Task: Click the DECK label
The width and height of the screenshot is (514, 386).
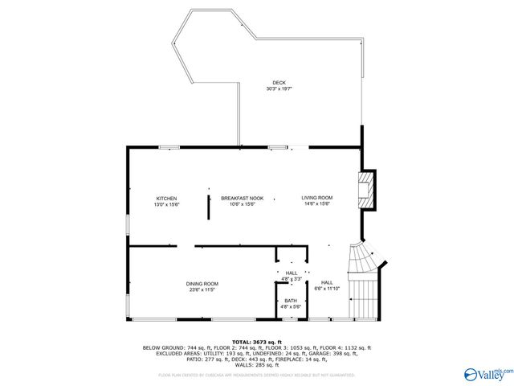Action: [x=279, y=83]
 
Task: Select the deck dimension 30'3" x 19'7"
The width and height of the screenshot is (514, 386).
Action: [x=279, y=88]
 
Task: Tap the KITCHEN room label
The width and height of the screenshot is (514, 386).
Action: [x=166, y=199]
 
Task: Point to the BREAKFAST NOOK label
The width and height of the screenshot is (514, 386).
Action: [x=243, y=199]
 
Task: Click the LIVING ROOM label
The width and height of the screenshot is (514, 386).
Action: [x=317, y=199]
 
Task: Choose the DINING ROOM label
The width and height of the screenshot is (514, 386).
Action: [x=202, y=284]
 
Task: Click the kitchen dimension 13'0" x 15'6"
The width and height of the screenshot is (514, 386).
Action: [x=166, y=204]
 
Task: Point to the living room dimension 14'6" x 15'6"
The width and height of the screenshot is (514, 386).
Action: [x=317, y=204]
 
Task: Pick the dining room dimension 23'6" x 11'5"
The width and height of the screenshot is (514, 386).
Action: [x=202, y=289]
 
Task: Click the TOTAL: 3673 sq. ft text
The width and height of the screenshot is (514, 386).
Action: [x=256, y=342]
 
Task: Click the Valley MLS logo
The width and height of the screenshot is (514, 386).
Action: [x=487, y=372]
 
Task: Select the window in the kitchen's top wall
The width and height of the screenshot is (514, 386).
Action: [x=169, y=147]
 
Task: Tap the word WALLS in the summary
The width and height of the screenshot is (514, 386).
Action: [x=234, y=364]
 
